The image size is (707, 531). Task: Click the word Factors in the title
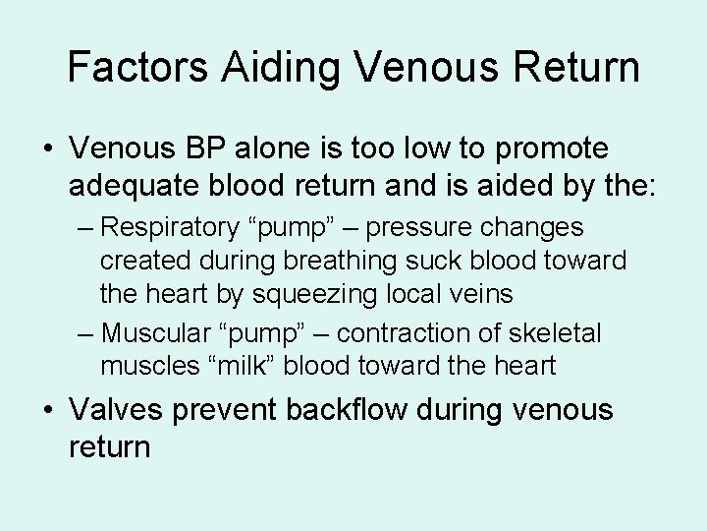137,67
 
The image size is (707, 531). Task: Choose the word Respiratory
168,228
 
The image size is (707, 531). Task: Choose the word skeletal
558,333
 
